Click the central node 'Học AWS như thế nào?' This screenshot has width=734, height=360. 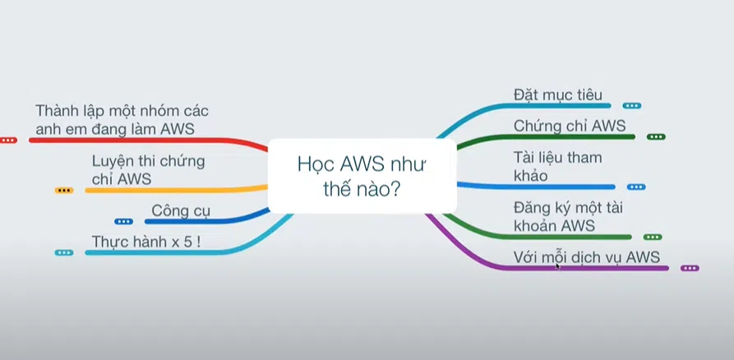pos(362,175)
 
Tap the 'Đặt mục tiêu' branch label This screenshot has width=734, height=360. pos(557,94)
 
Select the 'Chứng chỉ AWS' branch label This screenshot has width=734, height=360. pos(570,126)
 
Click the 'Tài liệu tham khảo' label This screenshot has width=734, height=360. pos(557,165)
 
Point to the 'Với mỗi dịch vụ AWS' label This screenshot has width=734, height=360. pos(586,256)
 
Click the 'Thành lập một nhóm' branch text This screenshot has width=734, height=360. pos(127,119)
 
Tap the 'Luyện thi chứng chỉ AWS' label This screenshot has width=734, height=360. pos(148,169)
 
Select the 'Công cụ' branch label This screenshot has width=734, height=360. pos(181,210)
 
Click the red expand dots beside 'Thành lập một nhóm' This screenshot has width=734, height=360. pos(8,141)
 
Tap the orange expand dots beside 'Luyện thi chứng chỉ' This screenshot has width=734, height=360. pos(64,190)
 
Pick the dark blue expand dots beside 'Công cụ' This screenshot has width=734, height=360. pos(123,221)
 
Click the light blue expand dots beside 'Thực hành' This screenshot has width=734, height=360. pos(64,252)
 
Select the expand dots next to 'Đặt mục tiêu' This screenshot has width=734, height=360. pos(631,105)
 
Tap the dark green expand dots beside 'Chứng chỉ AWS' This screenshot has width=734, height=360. pos(655,136)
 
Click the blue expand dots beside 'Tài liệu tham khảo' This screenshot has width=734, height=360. pos(636,187)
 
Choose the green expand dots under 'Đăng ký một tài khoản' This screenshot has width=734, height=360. pos(653,237)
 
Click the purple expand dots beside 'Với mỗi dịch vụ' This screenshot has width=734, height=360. pos(690,268)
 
